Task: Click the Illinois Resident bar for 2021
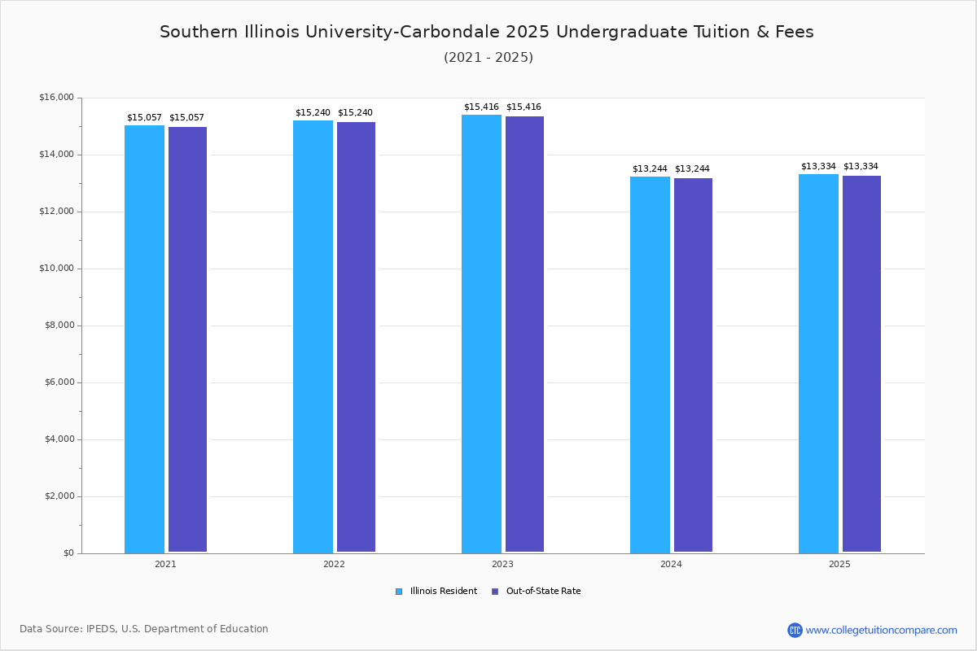[x=144, y=339]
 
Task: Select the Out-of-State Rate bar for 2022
[x=356, y=337]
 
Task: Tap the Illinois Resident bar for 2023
[x=481, y=334]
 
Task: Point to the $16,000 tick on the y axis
[x=56, y=98]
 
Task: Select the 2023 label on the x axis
[x=502, y=564]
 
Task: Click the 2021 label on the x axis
[x=165, y=564]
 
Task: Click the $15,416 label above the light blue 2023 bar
[x=481, y=107]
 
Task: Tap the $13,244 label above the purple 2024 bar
[x=692, y=169]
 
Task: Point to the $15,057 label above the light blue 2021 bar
[x=144, y=118]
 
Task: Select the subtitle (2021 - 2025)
[x=488, y=58]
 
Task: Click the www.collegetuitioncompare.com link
[x=881, y=630]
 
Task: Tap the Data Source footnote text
[x=144, y=629]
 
